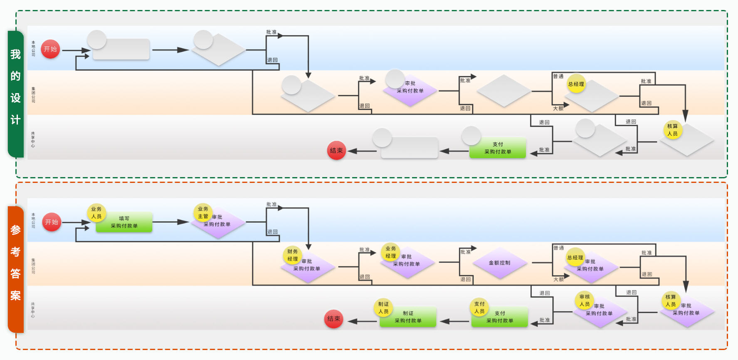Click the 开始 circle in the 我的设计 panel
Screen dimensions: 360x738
click(50, 49)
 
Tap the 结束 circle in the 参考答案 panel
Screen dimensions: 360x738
click(333, 319)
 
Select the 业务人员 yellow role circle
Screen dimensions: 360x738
click(96, 213)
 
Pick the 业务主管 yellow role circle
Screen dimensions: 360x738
click(203, 213)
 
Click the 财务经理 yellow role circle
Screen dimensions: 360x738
click(293, 255)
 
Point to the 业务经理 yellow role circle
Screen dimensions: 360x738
click(390, 252)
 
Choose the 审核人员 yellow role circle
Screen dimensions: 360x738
click(585, 301)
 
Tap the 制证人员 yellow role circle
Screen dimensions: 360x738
click(383, 308)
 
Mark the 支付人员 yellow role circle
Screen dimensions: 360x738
click(479, 308)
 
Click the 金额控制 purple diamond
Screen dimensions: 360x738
click(499, 263)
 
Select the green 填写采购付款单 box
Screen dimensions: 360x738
click(124, 222)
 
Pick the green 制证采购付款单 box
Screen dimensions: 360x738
click(408, 317)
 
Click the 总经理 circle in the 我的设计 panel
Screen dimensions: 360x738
click(576, 84)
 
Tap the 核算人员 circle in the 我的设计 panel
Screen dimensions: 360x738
click(672, 130)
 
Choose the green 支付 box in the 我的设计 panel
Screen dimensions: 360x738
click(498, 148)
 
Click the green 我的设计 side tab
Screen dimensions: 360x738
click(16, 94)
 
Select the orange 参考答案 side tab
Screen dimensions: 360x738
click(16, 269)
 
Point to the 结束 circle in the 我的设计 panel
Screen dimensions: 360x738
click(336, 150)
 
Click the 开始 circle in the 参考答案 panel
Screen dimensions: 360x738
click(52, 222)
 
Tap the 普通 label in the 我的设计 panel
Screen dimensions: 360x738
click(558, 76)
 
